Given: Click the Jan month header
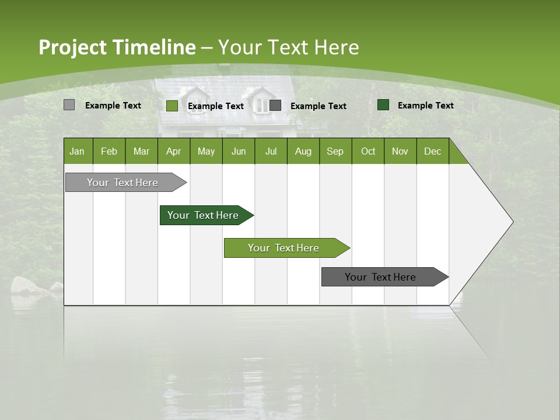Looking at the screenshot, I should (x=78, y=151).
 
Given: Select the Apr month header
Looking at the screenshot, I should (x=173, y=151).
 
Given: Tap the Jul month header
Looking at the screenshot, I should (x=271, y=151).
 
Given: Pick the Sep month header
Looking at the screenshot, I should (x=335, y=151).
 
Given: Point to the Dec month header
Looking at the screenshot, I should (x=432, y=151).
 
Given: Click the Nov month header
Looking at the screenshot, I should (x=400, y=151).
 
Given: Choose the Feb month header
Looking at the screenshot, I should (x=109, y=151).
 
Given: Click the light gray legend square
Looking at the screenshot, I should (x=69, y=105).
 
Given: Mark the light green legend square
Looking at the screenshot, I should (x=171, y=106).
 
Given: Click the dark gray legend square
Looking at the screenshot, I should (x=275, y=105).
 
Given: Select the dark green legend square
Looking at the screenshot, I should (x=383, y=105).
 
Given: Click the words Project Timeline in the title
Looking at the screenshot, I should (x=117, y=47).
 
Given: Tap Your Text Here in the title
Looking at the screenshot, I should (x=289, y=47).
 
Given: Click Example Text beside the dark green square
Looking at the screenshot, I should (x=425, y=106).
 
